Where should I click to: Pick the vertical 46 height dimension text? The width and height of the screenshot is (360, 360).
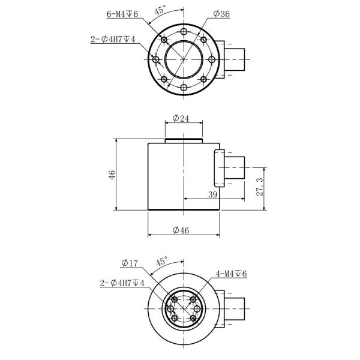[x=112, y=175]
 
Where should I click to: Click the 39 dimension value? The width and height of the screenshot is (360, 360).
[x=212, y=194]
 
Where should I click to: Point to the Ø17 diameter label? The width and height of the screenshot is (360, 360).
[x=130, y=263]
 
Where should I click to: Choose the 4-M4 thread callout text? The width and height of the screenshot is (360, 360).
[x=231, y=274]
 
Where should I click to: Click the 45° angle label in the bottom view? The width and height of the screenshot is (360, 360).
[x=161, y=262]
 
